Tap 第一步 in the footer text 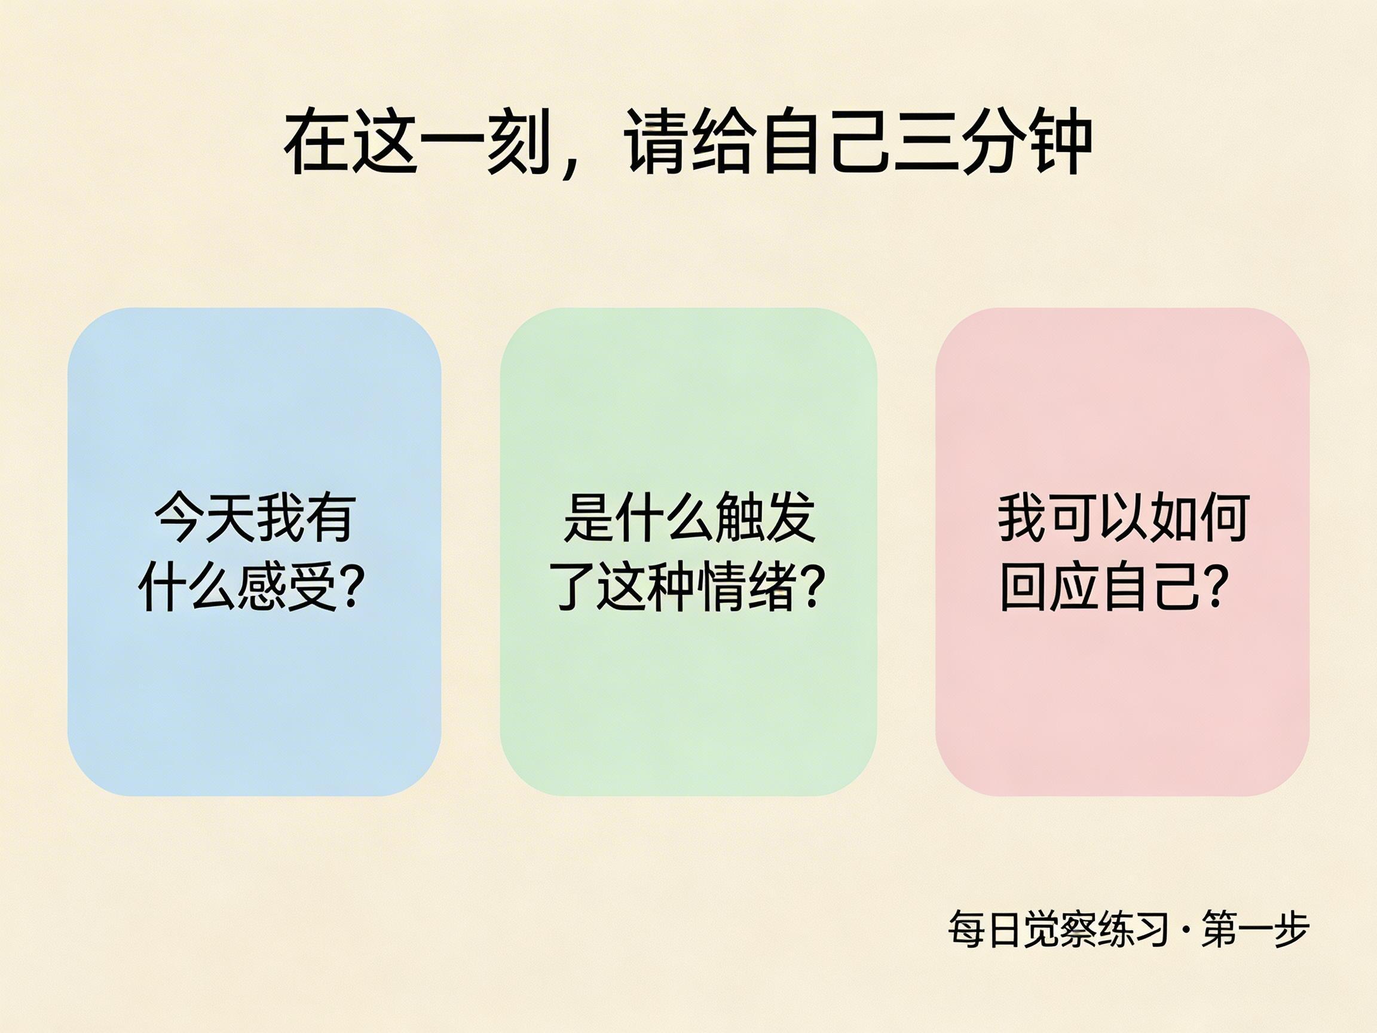(x=1255, y=930)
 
